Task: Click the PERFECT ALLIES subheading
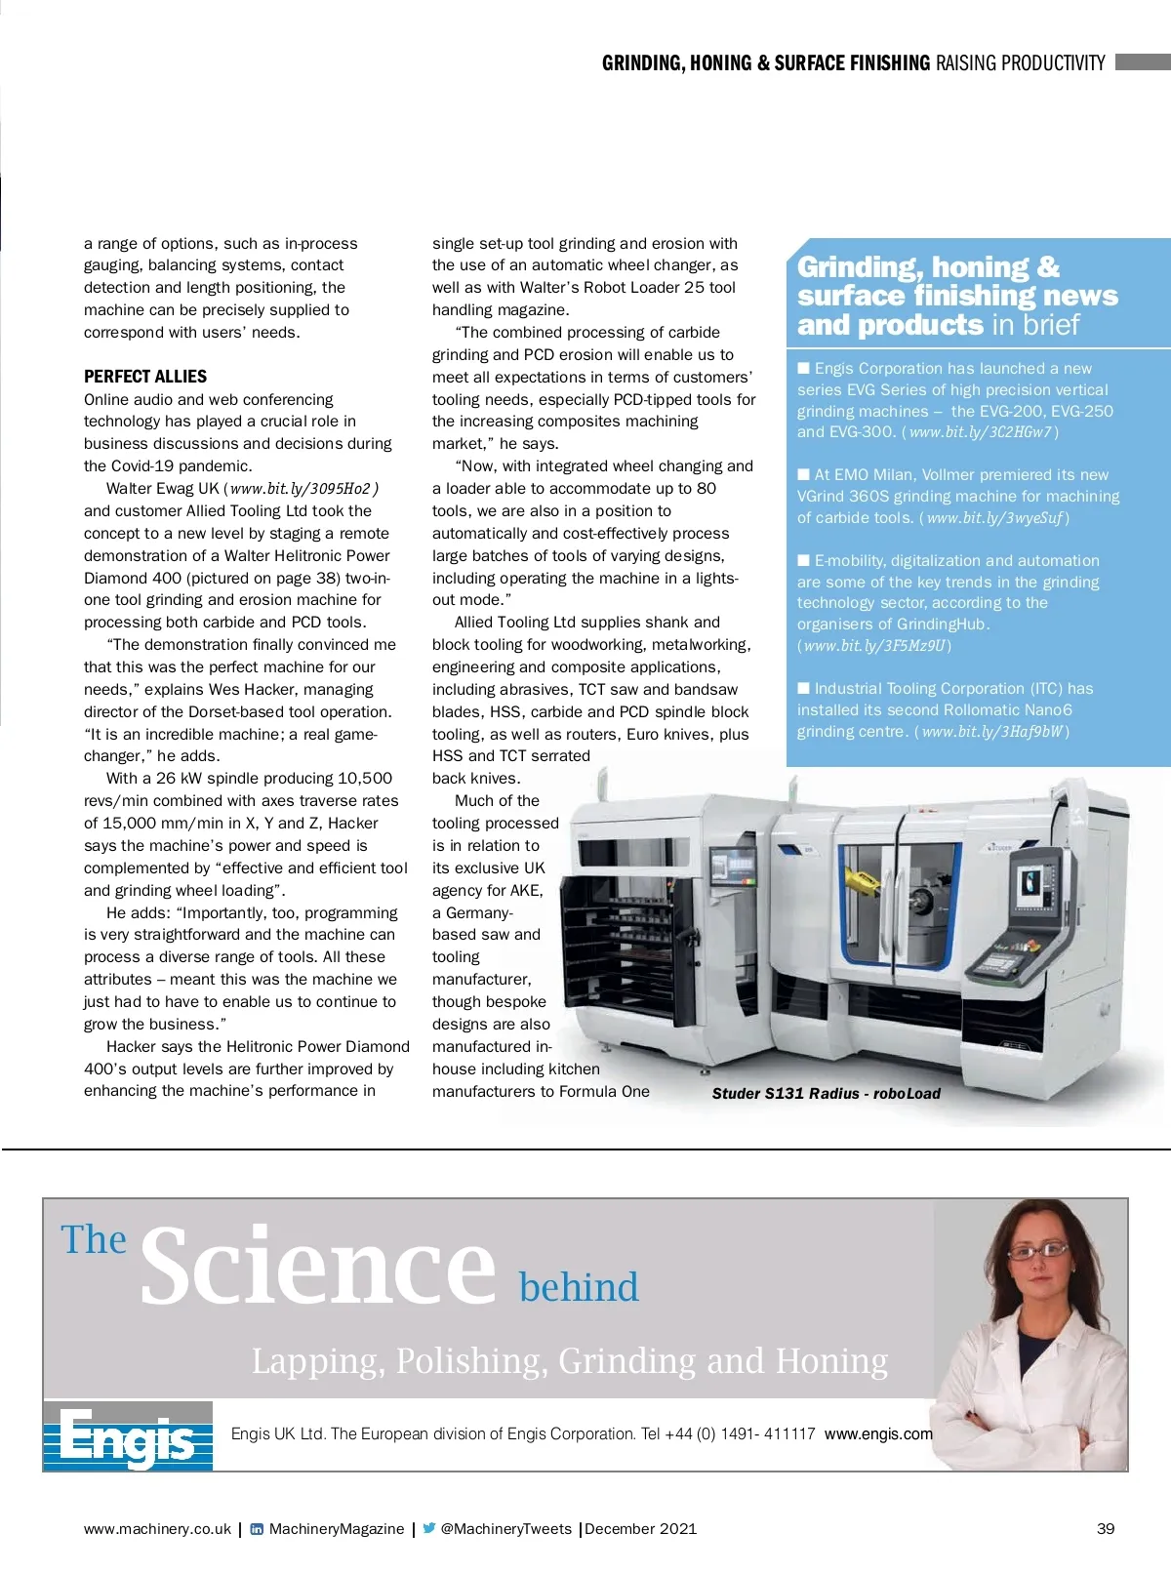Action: (x=145, y=377)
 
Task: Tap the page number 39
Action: (x=1105, y=1529)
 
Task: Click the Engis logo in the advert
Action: (x=128, y=1436)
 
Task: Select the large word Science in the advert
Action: (x=318, y=1267)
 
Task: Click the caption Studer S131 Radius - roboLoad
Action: (x=826, y=1094)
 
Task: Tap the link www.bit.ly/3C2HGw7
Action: (x=980, y=432)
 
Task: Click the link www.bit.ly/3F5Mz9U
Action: (x=874, y=646)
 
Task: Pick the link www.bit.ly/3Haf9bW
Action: (x=991, y=732)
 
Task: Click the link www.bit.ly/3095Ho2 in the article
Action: (x=301, y=489)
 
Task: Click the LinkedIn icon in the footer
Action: (x=257, y=1529)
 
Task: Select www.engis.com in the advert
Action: (x=878, y=1433)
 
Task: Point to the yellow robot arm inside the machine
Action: (x=863, y=878)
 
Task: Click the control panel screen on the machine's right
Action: (x=1033, y=882)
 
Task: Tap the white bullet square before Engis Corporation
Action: (x=804, y=368)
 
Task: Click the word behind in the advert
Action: (x=579, y=1287)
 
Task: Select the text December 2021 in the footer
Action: (x=641, y=1529)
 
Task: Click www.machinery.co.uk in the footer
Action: (x=157, y=1529)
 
